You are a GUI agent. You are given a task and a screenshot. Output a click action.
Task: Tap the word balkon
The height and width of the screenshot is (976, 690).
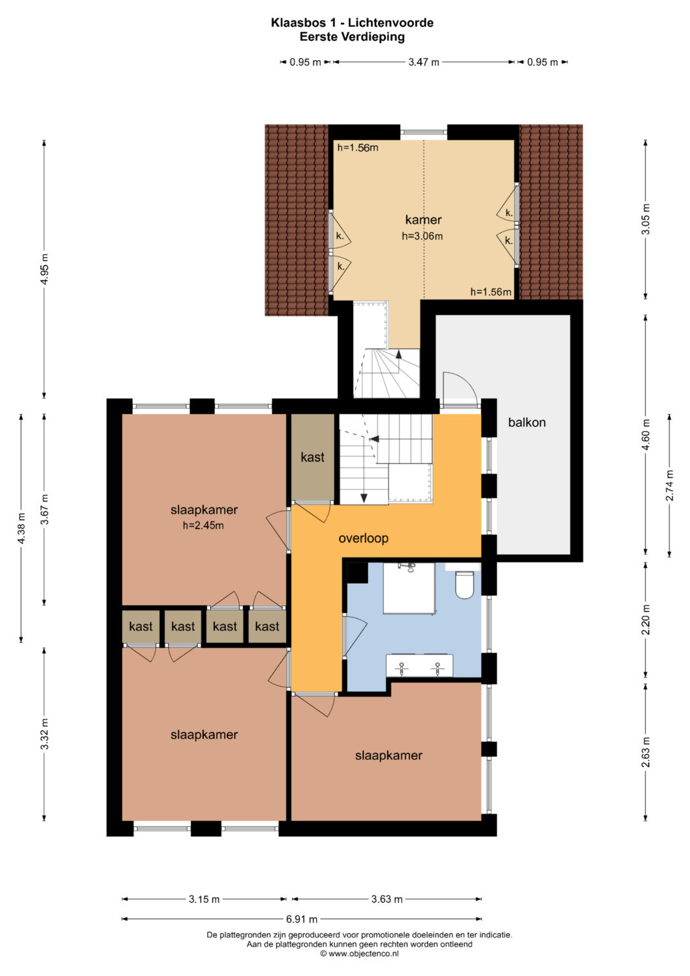[x=526, y=422]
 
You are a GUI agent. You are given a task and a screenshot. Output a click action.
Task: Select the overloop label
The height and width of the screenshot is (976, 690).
[x=364, y=538]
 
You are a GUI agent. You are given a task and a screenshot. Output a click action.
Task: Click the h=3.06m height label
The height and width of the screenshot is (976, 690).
[x=422, y=236]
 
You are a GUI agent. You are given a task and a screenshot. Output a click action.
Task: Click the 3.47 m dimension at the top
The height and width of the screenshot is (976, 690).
[x=424, y=62]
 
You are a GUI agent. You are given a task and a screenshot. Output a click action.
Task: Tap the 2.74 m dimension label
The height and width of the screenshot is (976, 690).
[x=670, y=485]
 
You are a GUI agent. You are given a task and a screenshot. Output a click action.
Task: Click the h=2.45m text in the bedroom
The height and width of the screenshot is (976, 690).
[x=203, y=525]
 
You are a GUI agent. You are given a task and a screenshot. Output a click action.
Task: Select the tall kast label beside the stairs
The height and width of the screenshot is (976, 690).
[x=313, y=457]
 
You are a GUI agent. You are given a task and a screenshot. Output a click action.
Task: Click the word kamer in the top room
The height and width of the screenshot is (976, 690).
[x=423, y=220]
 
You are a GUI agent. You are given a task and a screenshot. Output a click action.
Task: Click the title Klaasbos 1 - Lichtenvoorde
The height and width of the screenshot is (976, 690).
[x=352, y=22]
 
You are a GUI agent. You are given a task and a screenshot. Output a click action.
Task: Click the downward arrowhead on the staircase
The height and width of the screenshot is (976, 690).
[x=364, y=498]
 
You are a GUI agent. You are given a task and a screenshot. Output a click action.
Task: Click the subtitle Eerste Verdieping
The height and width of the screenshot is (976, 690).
[x=352, y=37]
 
